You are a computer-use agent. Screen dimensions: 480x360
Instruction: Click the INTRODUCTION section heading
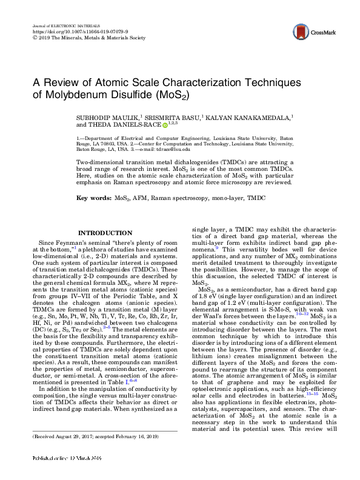(101, 233)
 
